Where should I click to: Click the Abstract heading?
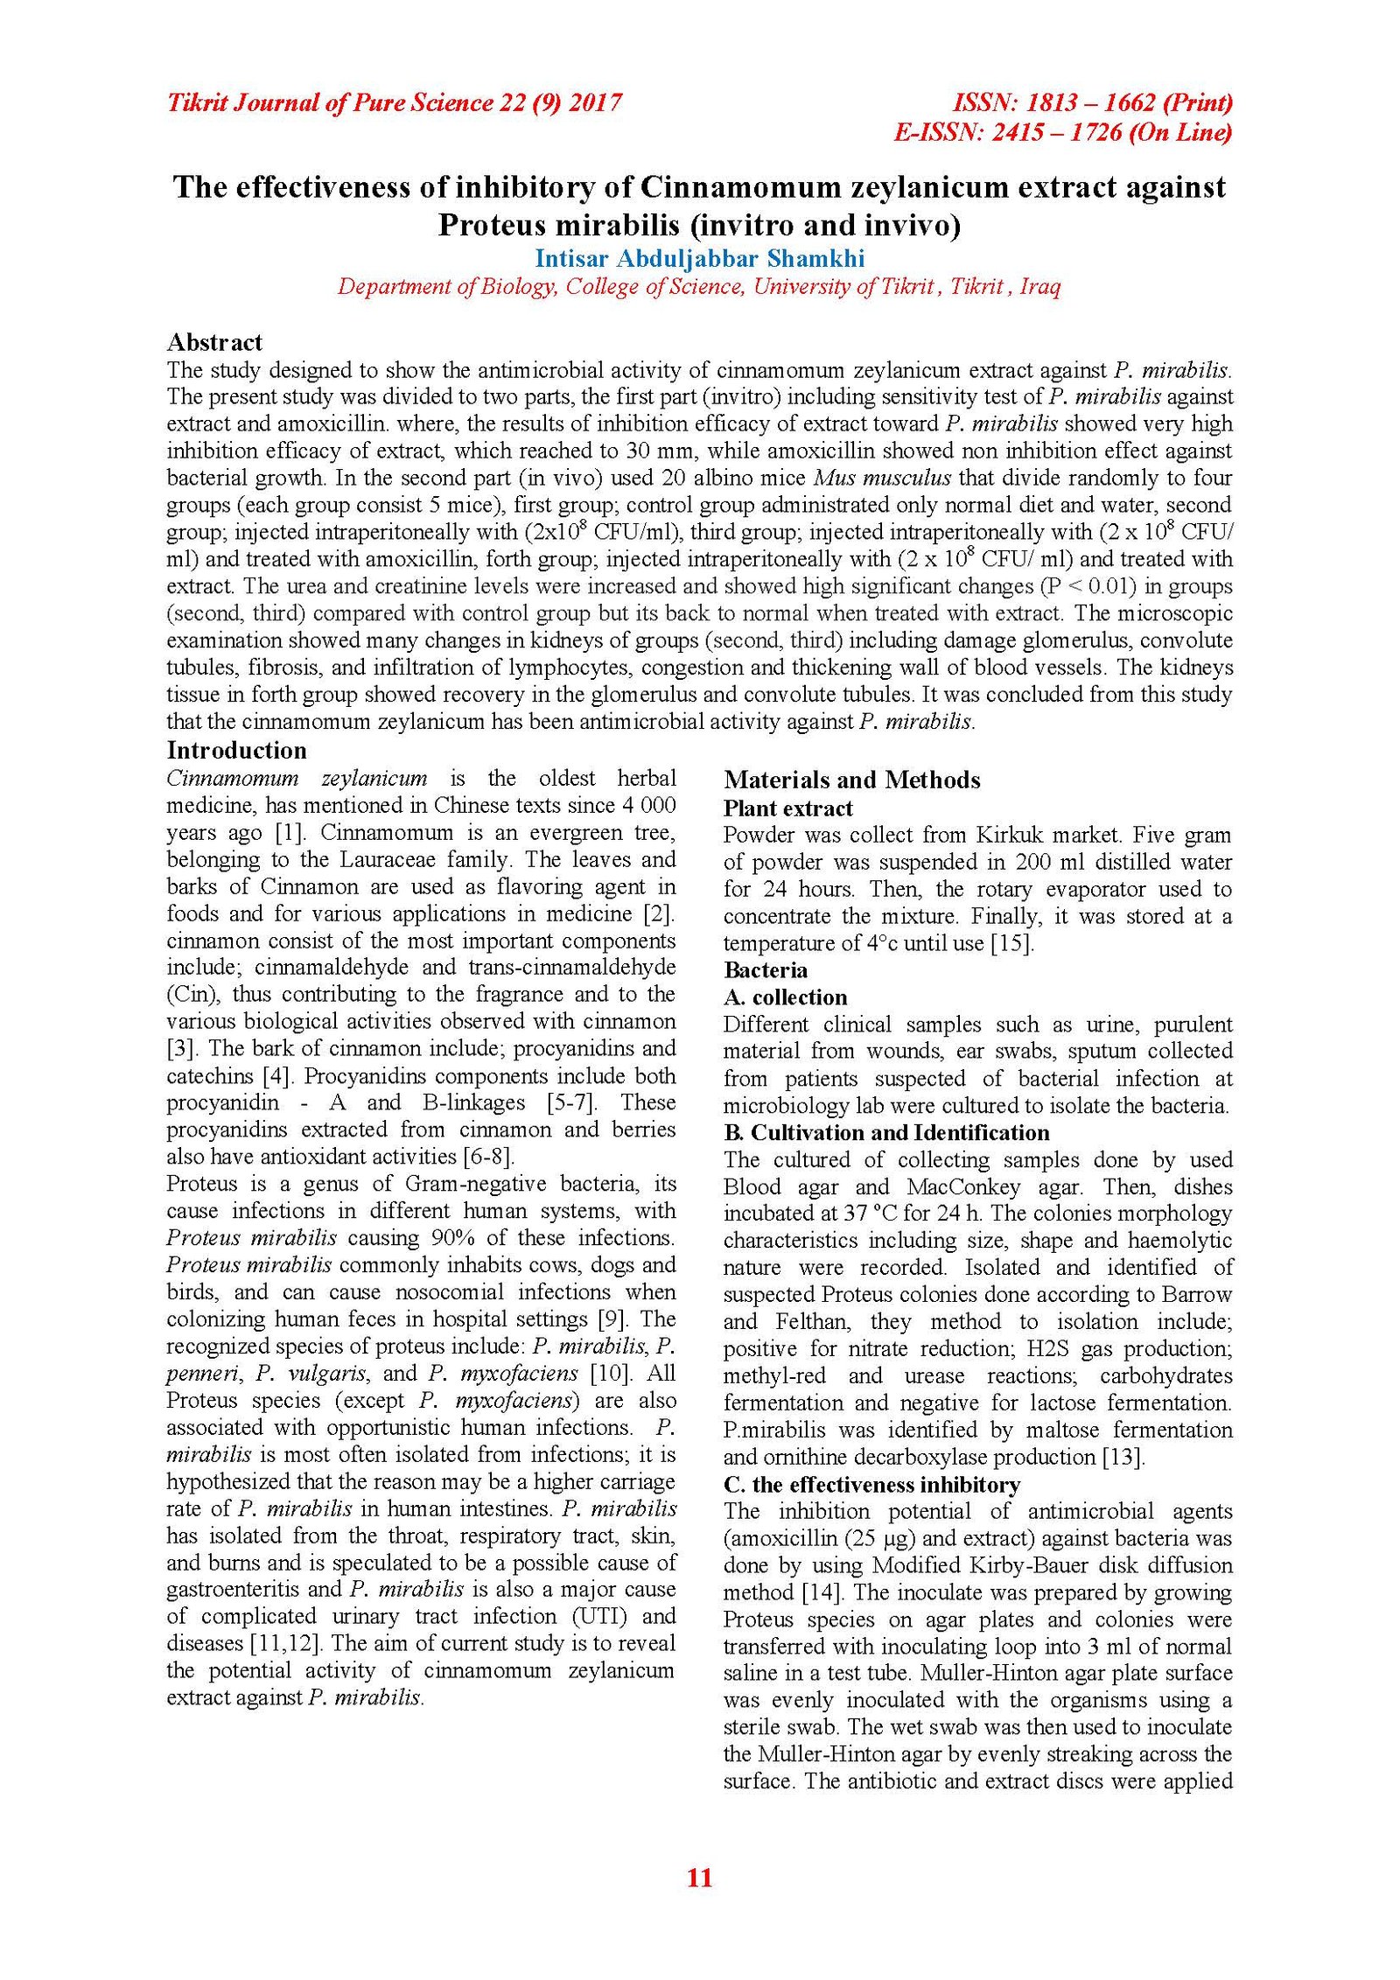[214, 342]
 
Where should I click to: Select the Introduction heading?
[236, 751]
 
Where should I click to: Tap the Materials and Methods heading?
[851, 780]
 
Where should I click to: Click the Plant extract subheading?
[787, 808]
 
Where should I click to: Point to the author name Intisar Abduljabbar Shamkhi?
[699, 259]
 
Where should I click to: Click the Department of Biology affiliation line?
[699, 287]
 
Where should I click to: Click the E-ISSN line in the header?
[1062, 133]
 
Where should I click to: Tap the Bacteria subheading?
[766, 970]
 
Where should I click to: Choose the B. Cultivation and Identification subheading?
[885, 1133]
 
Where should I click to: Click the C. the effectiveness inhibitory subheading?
[871, 1485]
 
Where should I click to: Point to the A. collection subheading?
[785, 997]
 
